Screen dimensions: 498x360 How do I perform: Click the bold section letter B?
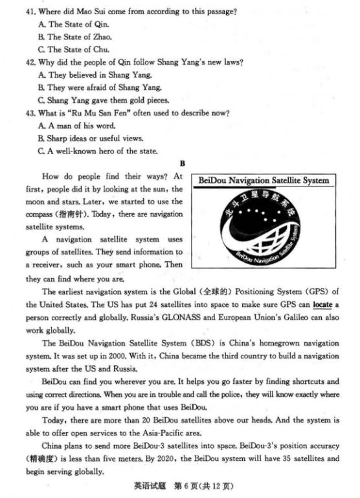[182, 163]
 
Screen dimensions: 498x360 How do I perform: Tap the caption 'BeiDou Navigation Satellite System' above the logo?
[262, 181]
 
